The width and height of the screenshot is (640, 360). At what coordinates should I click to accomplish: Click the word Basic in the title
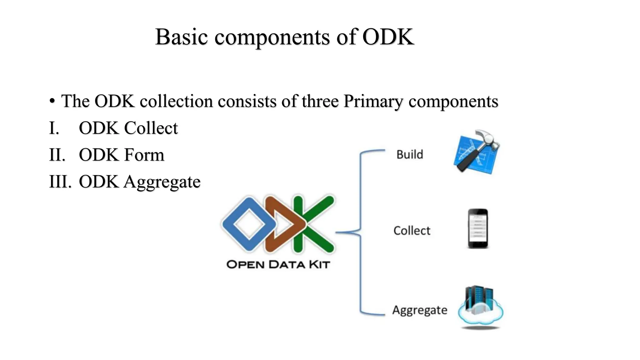[181, 37]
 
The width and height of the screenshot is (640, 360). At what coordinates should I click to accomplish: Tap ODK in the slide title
[388, 37]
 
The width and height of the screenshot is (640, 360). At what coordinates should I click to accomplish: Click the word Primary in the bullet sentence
[373, 101]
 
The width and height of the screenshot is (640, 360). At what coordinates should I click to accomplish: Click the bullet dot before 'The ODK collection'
[52, 101]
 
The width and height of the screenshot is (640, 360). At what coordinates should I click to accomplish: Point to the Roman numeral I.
[54, 128]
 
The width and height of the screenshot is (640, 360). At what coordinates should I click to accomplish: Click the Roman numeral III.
[60, 182]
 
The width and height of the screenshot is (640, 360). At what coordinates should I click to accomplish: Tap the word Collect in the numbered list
[151, 128]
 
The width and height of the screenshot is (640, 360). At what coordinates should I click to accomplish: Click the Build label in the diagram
[409, 154]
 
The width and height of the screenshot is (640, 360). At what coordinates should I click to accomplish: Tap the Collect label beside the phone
[412, 231]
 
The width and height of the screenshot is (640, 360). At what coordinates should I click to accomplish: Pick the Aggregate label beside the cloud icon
[420, 310]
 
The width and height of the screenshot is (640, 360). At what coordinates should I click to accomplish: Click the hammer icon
[477, 152]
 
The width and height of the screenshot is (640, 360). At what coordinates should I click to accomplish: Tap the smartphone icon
[478, 229]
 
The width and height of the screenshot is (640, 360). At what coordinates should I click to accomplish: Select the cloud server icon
[480, 306]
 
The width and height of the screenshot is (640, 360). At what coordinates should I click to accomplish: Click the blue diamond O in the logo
[249, 224]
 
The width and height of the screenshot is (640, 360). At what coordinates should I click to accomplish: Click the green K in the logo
[312, 224]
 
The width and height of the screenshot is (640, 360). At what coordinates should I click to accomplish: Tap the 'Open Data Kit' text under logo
[278, 265]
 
